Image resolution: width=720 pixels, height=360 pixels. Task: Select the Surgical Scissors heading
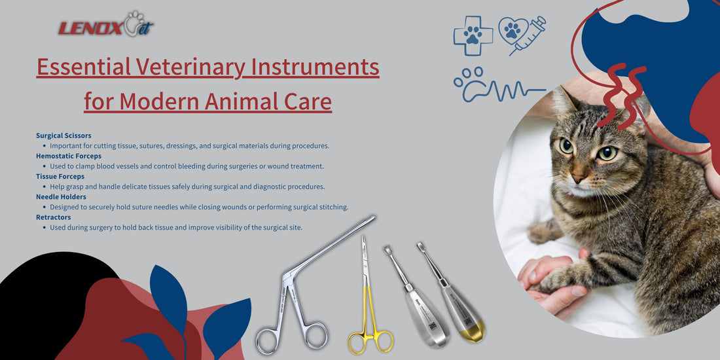(x=63, y=135)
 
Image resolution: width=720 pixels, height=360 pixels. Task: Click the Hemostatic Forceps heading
(x=69, y=156)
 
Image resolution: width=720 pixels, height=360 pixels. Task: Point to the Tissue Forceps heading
(x=60, y=176)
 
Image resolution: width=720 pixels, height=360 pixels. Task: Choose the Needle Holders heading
(x=61, y=196)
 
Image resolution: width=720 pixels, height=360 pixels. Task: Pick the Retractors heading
(x=54, y=217)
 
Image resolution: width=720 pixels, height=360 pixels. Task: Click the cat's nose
(x=578, y=177)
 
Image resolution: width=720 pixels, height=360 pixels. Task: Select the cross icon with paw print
(x=473, y=35)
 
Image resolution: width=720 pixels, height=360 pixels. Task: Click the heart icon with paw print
(x=513, y=30)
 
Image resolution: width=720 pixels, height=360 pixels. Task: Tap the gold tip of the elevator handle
(x=473, y=331)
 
